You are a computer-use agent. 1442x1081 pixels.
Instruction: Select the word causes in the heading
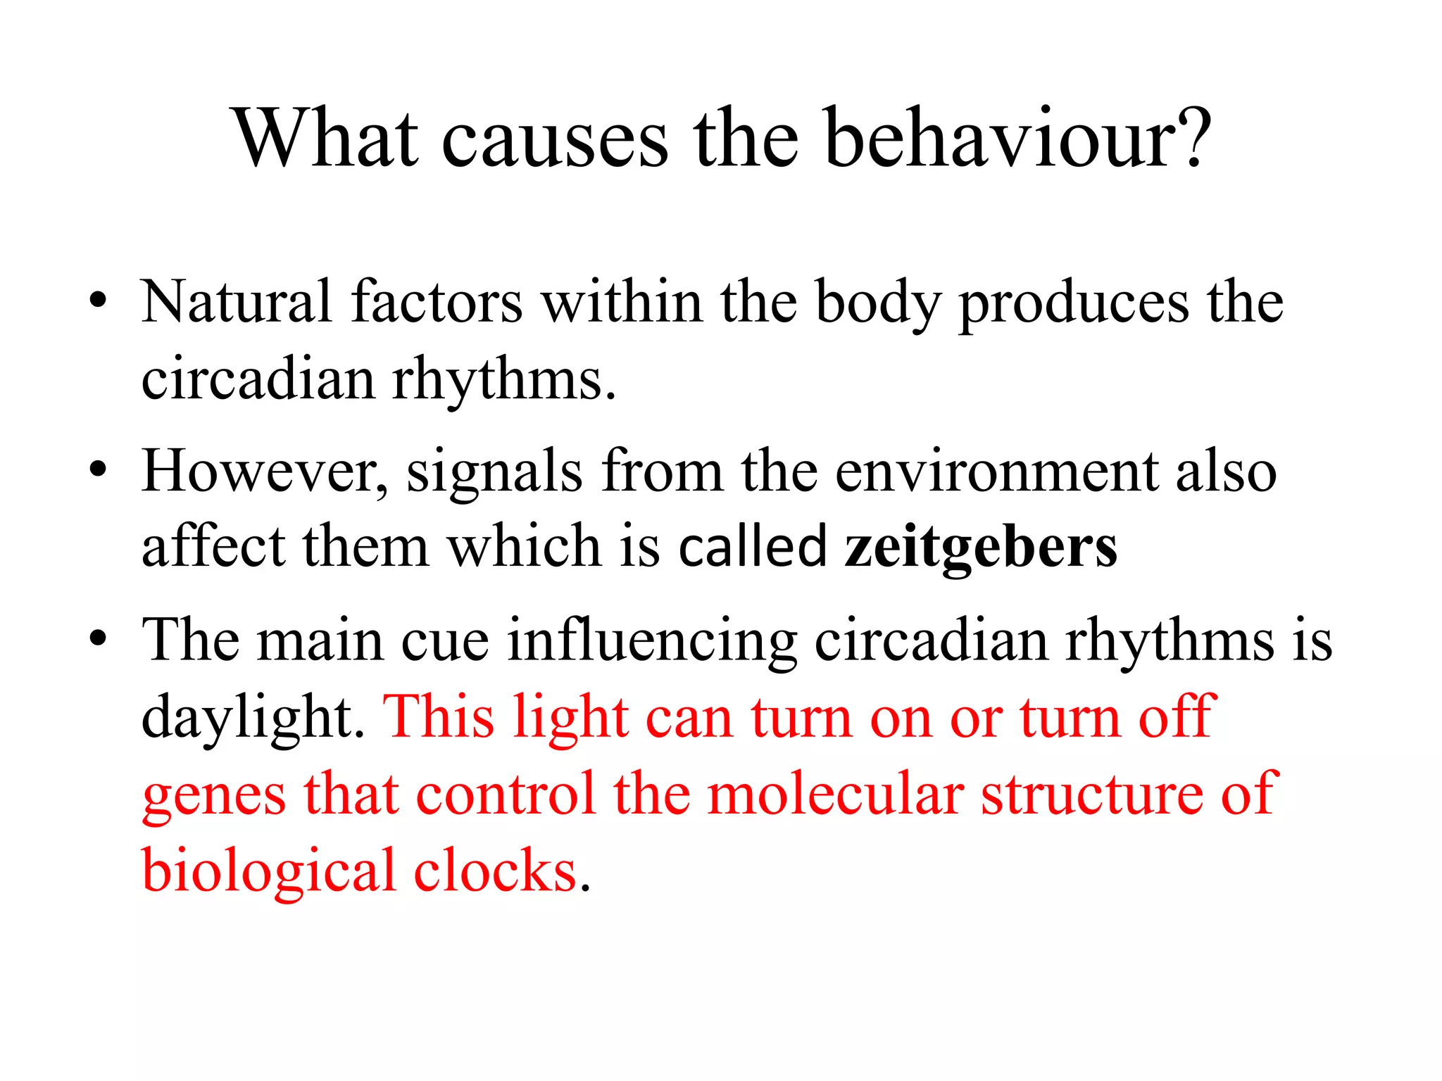click(x=555, y=139)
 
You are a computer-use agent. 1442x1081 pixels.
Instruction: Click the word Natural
click(x=236, y=303)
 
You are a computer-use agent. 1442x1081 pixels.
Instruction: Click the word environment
click(x=996, y=471)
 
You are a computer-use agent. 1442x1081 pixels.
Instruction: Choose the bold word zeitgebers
click(x=980, y=548)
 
